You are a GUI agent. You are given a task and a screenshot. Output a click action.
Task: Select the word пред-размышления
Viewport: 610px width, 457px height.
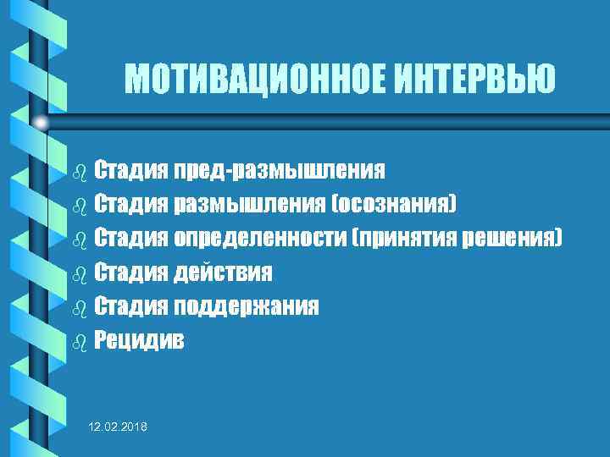[280, 171]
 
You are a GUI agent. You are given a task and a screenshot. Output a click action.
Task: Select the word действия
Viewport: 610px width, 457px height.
[224, 273]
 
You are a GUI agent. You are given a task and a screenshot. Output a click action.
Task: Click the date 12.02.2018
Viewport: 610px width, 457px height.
[118, 429]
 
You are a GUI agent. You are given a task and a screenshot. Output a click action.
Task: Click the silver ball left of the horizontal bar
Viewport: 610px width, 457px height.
[41, 124]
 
